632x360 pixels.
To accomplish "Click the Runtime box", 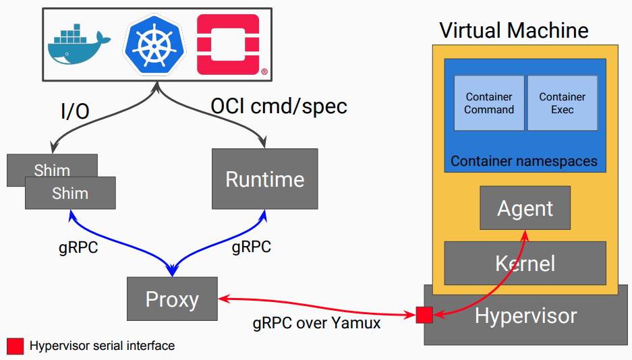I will click(264, 179).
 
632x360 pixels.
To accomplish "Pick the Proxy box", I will click(172, 299).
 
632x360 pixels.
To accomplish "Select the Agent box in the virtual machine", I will click(525, 208).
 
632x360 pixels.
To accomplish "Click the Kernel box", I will click(525, 262).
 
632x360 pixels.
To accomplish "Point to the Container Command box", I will click(489, 103).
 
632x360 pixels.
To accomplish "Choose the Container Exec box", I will click(562, 103).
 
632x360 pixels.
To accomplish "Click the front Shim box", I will click(70, 193).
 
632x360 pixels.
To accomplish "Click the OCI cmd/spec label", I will click(279, 107).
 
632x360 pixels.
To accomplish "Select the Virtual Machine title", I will click(514, 30).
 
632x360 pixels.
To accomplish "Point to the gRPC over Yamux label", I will click(316, 323).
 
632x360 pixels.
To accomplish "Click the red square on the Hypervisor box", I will click(424, 315).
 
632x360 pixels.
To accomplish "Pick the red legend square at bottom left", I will click(15, 346).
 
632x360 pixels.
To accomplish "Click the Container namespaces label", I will click(524, 161).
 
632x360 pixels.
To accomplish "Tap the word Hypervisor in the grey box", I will click(526, 316).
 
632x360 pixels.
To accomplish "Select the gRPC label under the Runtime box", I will click(251, 247).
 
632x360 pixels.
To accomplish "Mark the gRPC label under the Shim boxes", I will click(78, 247).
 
